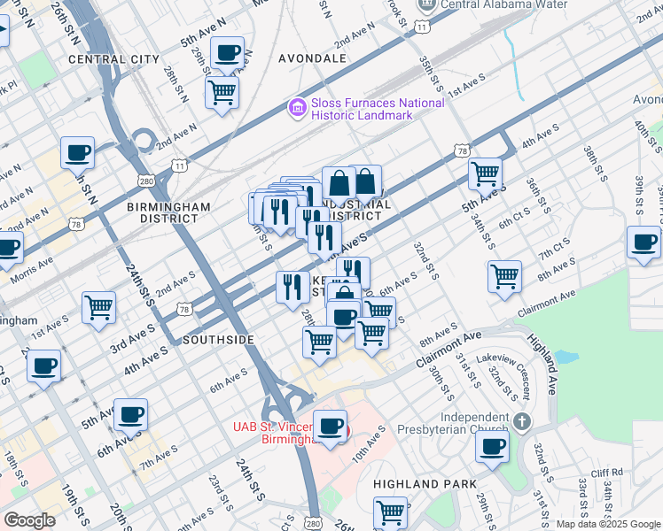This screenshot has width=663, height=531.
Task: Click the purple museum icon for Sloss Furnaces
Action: click(x=298, y=109)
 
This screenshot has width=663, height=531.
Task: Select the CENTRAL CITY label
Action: click(x=113, y=59)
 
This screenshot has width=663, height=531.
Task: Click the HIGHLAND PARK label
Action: click(x=425, y=484)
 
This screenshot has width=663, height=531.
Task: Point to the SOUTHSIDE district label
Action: click(x=218, y=340)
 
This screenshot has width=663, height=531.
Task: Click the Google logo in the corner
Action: click(x=29, y=520)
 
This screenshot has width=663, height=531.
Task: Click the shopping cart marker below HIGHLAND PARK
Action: click(x=391, y=512)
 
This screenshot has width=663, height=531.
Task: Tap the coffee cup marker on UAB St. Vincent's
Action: click(x=331, y=427)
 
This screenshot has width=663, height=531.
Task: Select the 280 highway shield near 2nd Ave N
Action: click(x=146, y=181)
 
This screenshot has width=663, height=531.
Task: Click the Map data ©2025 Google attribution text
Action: click(x=607, y=524)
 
